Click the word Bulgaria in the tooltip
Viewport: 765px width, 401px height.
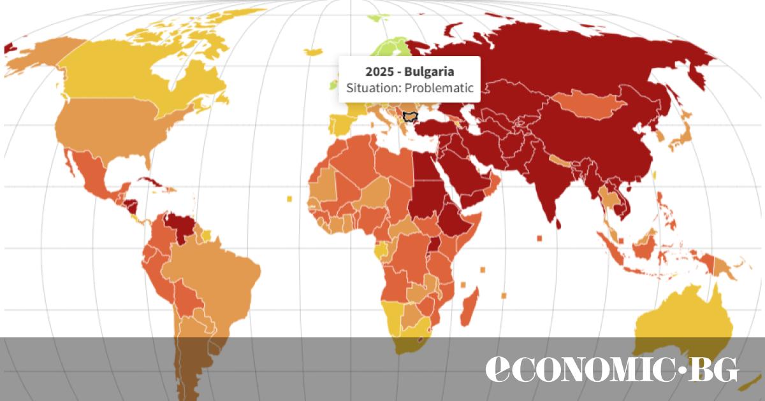click(x=432, y=71)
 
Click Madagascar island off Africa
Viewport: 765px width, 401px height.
click(x=469, y=306)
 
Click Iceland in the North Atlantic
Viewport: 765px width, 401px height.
click(x=314, y=52)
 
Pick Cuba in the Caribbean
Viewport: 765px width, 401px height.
click(x=154, y=183)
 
